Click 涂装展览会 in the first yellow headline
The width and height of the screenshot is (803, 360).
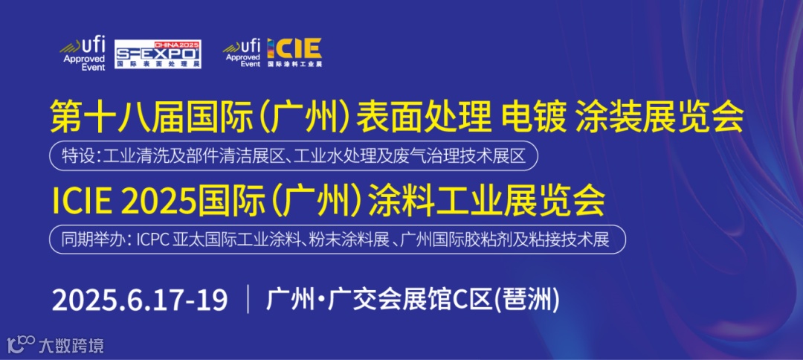click(660, 118)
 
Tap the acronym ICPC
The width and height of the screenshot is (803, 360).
click(155, 240)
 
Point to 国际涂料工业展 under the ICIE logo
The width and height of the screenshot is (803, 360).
click(294, 65)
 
